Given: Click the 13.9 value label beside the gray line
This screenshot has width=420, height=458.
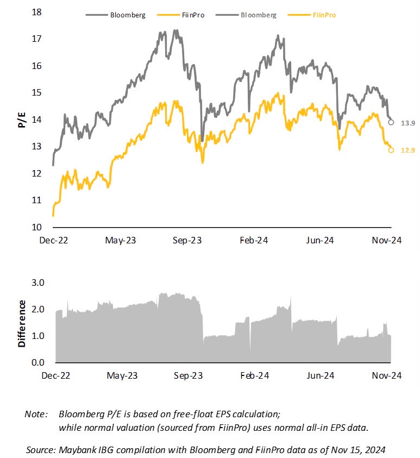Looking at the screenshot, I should (x=408, y=124).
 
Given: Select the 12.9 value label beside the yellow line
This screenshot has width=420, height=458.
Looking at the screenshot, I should (x=408, y=150).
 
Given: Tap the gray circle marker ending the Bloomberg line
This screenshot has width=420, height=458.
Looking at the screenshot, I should (x=391, y=122).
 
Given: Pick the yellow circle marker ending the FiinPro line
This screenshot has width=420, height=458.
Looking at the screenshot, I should (x=391, y=150).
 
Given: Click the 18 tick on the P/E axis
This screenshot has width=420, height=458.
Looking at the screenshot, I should (x=37, y=12).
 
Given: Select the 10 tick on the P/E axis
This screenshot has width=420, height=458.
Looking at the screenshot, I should (x=37, y=227).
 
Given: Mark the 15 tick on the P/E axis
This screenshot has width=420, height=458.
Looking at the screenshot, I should (x=37, y=92).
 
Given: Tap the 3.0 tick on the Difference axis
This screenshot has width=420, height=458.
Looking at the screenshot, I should (x=36, y=283).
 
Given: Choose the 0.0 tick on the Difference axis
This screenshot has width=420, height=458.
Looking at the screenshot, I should (x=36, y=362).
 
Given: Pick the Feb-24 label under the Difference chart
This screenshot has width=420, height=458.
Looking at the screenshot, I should (x=254, y=375).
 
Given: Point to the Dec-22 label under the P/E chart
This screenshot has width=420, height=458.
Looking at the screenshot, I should (x=57, y=241).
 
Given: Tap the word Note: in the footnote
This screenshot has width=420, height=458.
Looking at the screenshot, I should (x=36, y=414).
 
